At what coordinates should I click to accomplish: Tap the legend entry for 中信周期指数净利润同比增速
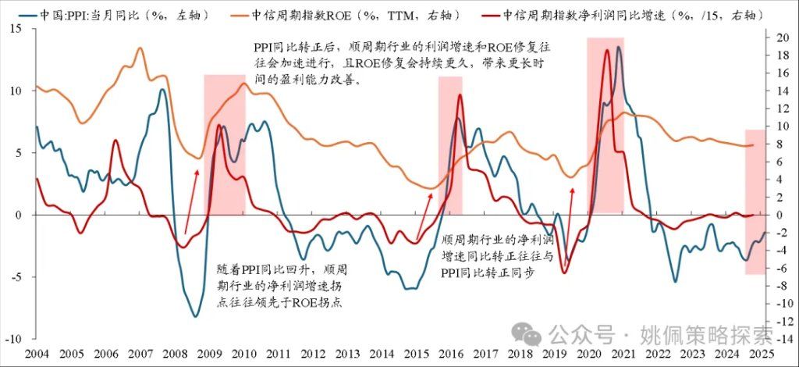(x=624, y=15)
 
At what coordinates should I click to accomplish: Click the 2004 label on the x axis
(x=37, y=353)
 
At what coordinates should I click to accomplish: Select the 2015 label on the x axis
(x=419, y=353)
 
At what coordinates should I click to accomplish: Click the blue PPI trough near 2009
(x=195, y=316)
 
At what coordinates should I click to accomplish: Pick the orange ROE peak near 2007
(x=140, y=48)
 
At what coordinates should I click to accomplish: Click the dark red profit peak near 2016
(x=460, y=95)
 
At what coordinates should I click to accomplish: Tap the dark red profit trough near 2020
(x=564, y=273)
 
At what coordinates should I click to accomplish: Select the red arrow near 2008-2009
(x=191, y=199)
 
